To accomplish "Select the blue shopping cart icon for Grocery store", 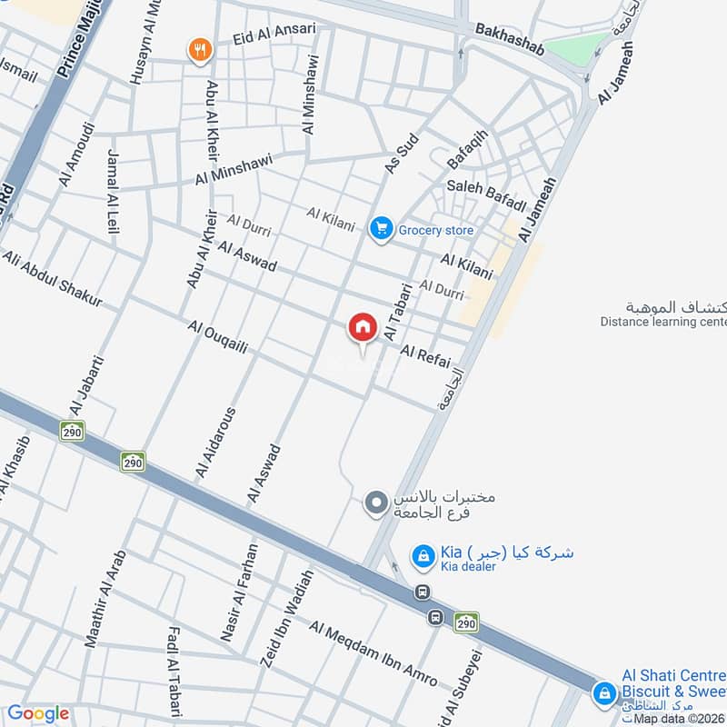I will click(x=381, y=228).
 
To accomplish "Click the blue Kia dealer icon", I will click(x=422, y=555).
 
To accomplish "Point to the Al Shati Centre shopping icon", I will click(x=603, y=693).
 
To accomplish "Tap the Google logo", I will click(x=38, y=714).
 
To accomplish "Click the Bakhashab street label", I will click(x=510, y=41).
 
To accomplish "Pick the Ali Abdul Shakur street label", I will click(x=52, y=278).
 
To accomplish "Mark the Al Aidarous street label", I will click(x=214, y=443).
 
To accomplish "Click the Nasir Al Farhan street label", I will click(x=240, y=593).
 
